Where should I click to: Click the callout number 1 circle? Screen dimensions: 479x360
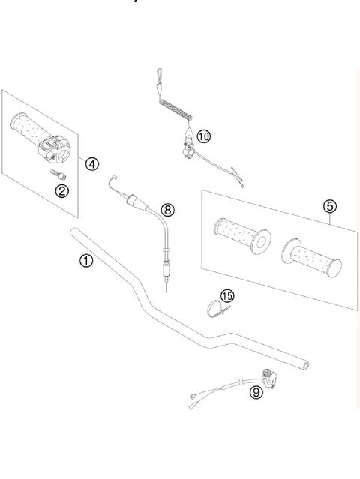click(87, 261)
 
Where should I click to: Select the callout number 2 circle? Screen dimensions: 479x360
click(63, 190)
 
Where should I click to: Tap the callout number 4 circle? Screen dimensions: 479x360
click(91, 163)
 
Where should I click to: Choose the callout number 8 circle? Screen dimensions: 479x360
click(169, 211)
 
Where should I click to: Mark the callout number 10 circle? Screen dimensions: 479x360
click(204, 136)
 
